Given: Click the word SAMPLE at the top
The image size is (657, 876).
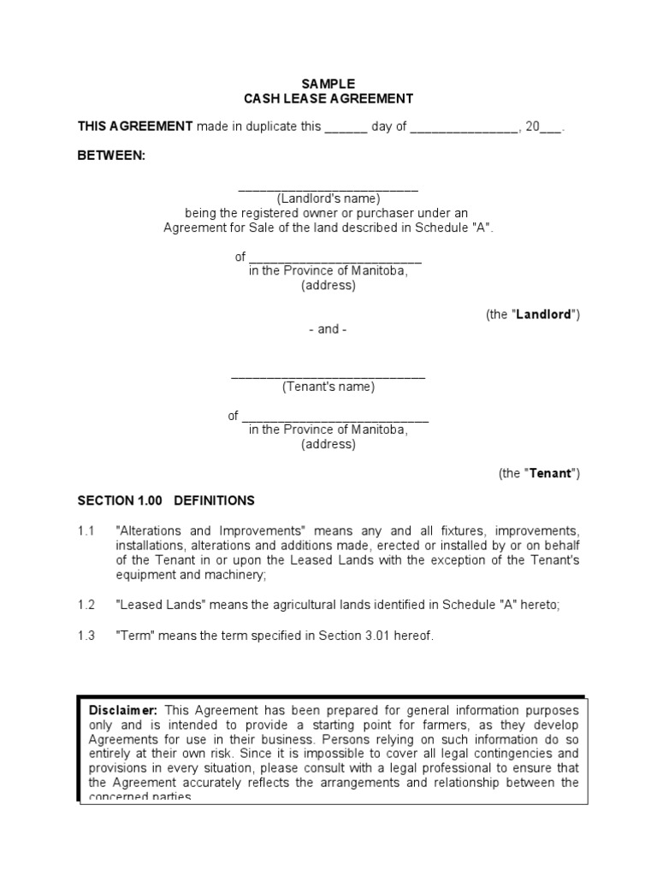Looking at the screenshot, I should [x=328, y=84].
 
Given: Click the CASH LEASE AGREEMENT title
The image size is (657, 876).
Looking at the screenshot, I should [x=328, y=99].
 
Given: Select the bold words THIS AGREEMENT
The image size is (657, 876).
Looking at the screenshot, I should [x=135, y=127].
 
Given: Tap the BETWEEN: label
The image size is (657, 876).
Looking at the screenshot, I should [x=112, y=156].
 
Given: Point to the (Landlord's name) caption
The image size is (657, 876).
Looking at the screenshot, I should [x=328, y=199].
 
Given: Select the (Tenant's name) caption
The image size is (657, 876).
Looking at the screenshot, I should [x=328, y=387].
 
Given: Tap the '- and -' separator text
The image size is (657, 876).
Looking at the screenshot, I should [x=328, y=329].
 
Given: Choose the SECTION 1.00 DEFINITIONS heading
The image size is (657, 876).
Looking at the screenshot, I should [x=166, y=500].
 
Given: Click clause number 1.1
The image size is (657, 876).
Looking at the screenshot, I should [x=85, y=531].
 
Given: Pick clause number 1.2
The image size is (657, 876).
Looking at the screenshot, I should [x=85, y=605].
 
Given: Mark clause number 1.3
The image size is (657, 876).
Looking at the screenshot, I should [x=85, y=635].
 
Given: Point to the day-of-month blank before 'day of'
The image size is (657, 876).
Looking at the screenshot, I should [x=346, y=127].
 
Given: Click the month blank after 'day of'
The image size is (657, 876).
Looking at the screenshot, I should [x=463, y=127].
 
